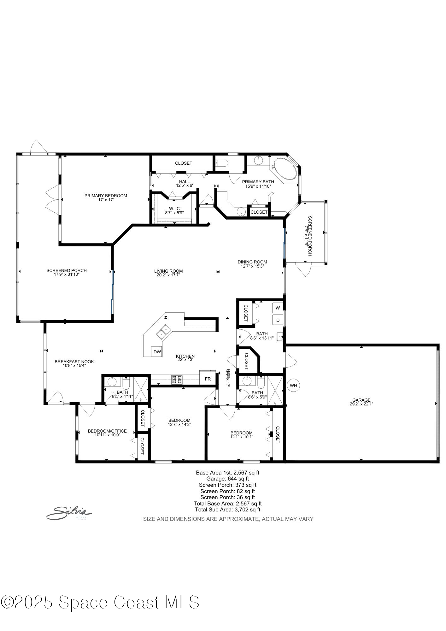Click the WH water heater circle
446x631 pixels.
tap(293, 386)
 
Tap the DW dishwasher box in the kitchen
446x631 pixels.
tap(157, 352)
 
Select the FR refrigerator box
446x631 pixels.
tap(208, 379)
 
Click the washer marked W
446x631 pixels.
tap(278, 308)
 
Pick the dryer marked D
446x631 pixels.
tap(278, 320)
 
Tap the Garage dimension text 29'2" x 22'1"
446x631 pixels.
tap(361, 404)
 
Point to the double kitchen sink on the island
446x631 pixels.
tap(163, 332)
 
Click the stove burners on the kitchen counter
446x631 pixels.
tap(177, 379)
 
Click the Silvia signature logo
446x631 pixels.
tap(69, 512)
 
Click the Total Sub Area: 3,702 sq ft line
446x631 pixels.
tap(227, 509)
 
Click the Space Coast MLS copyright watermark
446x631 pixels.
tap(100, 602)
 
